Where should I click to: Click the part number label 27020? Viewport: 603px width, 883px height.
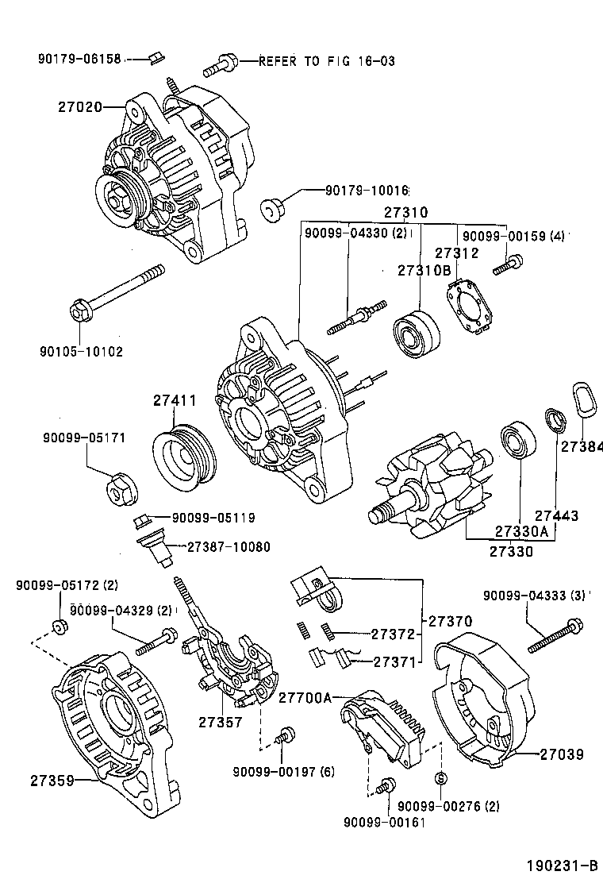tap(79, 106)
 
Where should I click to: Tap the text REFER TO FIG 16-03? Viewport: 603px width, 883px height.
tap(326, 61)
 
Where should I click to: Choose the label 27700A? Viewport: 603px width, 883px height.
tap(305, 698)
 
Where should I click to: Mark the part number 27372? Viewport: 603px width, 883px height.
tap(393, 634)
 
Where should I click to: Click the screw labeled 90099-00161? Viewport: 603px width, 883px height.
tap(386, 785)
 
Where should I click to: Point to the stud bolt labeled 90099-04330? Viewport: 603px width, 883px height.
tap(355, 316)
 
